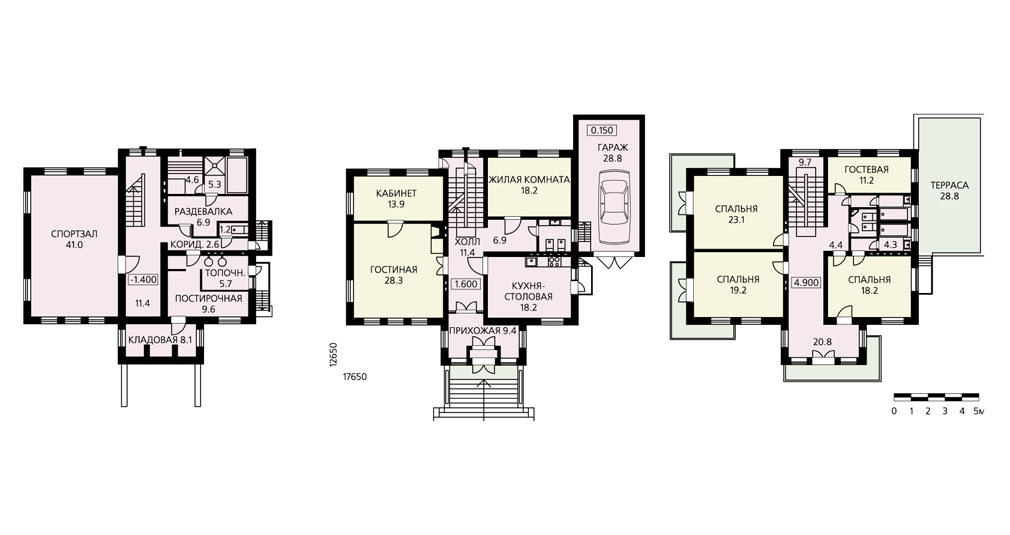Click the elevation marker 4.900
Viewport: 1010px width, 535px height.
pyautogui.click(x=805, y=282)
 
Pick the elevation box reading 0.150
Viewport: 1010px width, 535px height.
pyautogui.click(x=601, y=131)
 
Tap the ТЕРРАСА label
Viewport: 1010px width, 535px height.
pyautogui.click(x=949, y=185)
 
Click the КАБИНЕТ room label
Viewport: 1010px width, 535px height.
pyautogui.click(x=395, y=193)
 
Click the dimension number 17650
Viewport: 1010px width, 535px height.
pyautogui.click(x=354, y=377)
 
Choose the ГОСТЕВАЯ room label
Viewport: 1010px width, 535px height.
pyautogui.click(x=866, y=169)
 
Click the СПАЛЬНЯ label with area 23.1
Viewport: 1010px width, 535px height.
pyautogui.click(x=736, y=209)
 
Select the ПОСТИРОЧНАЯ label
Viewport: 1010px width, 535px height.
pyautogui.click(x=209, y=298)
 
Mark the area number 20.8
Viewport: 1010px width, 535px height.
pyautogui.click(x=822, y=342)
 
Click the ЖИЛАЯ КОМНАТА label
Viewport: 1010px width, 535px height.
pyautogui.click(x=529, y=180)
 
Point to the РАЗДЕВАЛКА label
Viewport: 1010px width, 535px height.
pyautogui.click(x=203, y=211)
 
